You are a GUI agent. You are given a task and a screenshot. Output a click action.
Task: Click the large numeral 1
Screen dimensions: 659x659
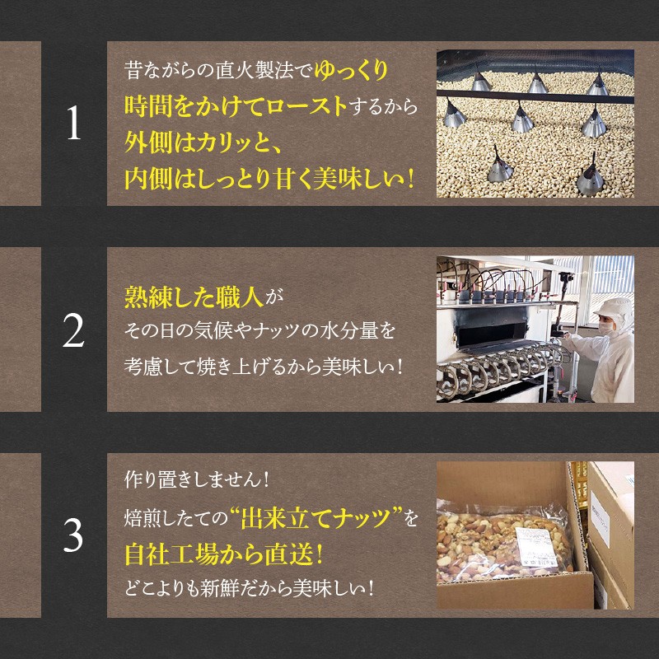click(74, 122)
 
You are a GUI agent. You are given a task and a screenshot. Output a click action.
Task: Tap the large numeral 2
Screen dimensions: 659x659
click(73, 330)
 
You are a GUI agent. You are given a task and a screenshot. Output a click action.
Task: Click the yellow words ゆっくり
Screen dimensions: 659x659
click(351, 70)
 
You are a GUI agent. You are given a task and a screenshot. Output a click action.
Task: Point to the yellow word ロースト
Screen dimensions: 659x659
click(306, 106)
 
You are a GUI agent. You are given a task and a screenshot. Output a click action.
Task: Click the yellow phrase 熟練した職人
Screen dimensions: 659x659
click(194, 297)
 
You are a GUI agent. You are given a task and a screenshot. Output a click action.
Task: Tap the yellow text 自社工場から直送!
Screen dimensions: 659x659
click(224, 554)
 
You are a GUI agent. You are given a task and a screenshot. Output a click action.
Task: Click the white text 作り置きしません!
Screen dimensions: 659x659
click(197, 479)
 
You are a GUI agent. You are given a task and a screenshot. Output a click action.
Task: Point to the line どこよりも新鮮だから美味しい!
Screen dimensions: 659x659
click(250, 588)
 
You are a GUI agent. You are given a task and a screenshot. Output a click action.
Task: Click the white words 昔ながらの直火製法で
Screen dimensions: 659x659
click(218, 70)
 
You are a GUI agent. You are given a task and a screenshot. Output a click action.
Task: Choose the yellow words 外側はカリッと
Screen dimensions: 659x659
click(197, 143)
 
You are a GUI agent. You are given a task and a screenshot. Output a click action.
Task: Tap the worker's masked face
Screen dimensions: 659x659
click(606, 326)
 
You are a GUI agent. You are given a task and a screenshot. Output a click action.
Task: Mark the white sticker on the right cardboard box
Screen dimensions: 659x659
click(600, 518)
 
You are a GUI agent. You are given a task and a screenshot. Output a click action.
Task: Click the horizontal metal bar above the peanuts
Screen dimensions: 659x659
click(535, 96)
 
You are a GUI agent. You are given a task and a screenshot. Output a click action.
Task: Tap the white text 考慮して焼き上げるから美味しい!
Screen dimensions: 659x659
click(264, 367)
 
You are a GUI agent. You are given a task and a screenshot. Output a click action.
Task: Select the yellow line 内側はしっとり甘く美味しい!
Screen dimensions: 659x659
click(269, 179)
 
